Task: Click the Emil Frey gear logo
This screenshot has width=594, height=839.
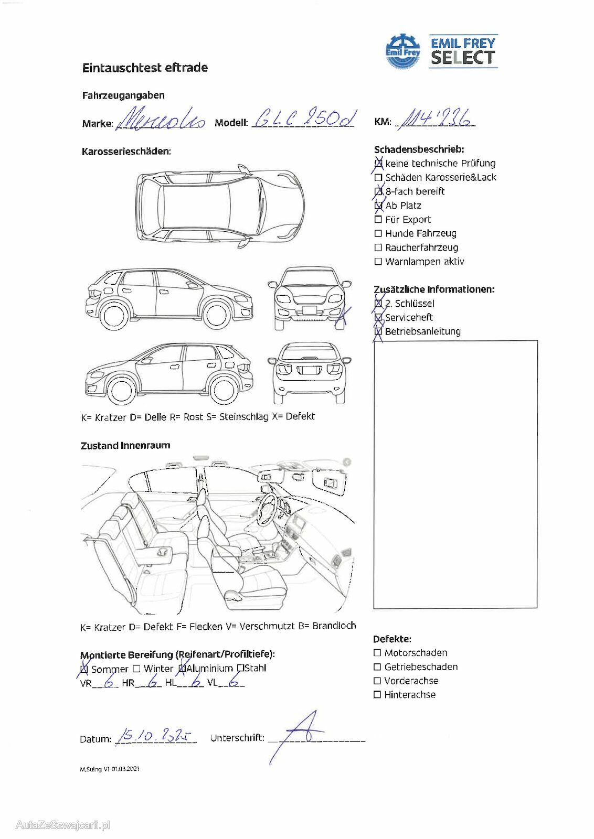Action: click(x=403, y=51)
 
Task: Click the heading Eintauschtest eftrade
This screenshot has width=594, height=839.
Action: click(x=145, y=68)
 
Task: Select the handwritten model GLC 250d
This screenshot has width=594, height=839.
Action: click(x=304, y=119)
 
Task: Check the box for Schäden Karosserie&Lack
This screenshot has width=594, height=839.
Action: click(x=378, y=178)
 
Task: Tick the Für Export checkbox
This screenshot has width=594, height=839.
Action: click(x=378, y=220)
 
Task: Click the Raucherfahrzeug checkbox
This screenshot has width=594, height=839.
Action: click(x=378, y=248)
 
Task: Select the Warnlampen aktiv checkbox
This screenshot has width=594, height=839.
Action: click(x=378, y=262)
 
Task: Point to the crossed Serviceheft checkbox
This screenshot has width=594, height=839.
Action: click(x=378, y=317)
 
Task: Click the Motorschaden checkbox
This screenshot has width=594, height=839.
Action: click(x=377, y=653)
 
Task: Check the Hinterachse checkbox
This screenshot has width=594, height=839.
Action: click(x=377, y=695)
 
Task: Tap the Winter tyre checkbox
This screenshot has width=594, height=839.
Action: click(x=136, y=669)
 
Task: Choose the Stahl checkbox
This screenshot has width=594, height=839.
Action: click(x=240, y=668)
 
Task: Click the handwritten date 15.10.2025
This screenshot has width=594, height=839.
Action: click(x=154, y=737)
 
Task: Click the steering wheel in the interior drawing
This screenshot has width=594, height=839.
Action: click(x=269, y=508)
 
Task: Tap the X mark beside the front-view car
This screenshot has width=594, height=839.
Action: click(x=343, y=316)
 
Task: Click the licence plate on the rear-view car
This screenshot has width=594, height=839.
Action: click(x=310, y=370)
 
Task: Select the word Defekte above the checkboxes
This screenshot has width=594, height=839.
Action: click(x=392, y=639)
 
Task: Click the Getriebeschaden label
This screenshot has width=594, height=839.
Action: click(x=421, y=667)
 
